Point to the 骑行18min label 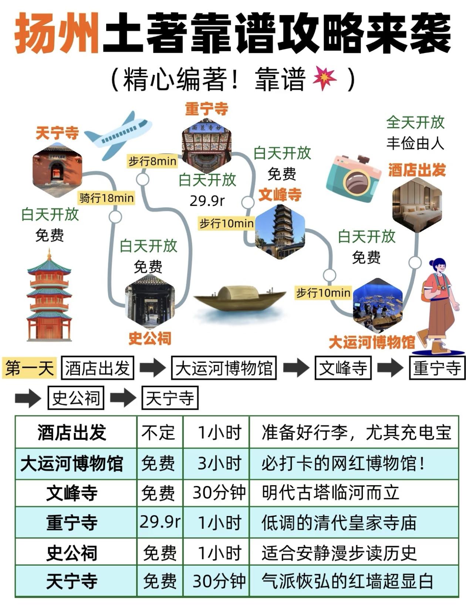[106, 198]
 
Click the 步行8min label [152, 161]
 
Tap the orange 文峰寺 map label [280, 195]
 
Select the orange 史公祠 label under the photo [150, 338]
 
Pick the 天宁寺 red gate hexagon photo [57, 170]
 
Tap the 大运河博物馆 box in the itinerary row [224, 368]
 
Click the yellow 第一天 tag [29, 368]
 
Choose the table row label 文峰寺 [72, 493]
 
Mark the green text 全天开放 [415, 122]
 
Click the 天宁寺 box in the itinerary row [170, 398]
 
